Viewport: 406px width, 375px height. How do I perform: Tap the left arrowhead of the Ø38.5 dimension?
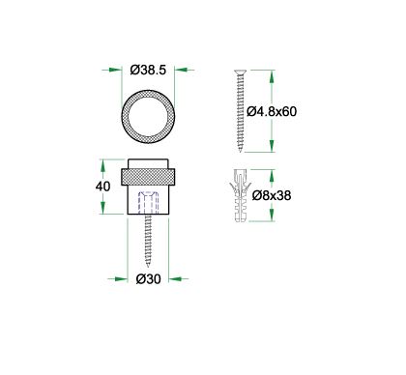[110, 70]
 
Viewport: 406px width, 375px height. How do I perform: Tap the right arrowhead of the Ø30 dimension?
[173, 279]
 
